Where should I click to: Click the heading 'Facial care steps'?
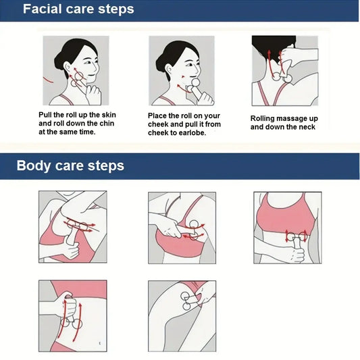(x=78, y=9)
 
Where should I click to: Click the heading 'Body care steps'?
(x=70, y=165)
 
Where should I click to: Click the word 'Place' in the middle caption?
(x=159, y=115)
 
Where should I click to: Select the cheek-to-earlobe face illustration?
(x=181, y=70)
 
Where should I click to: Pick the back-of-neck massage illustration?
(x=284, y=70)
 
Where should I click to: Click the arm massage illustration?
(x=72, y=226)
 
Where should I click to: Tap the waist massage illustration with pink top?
(x=287, y=227)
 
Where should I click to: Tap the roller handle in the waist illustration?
(x=295, y=256)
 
